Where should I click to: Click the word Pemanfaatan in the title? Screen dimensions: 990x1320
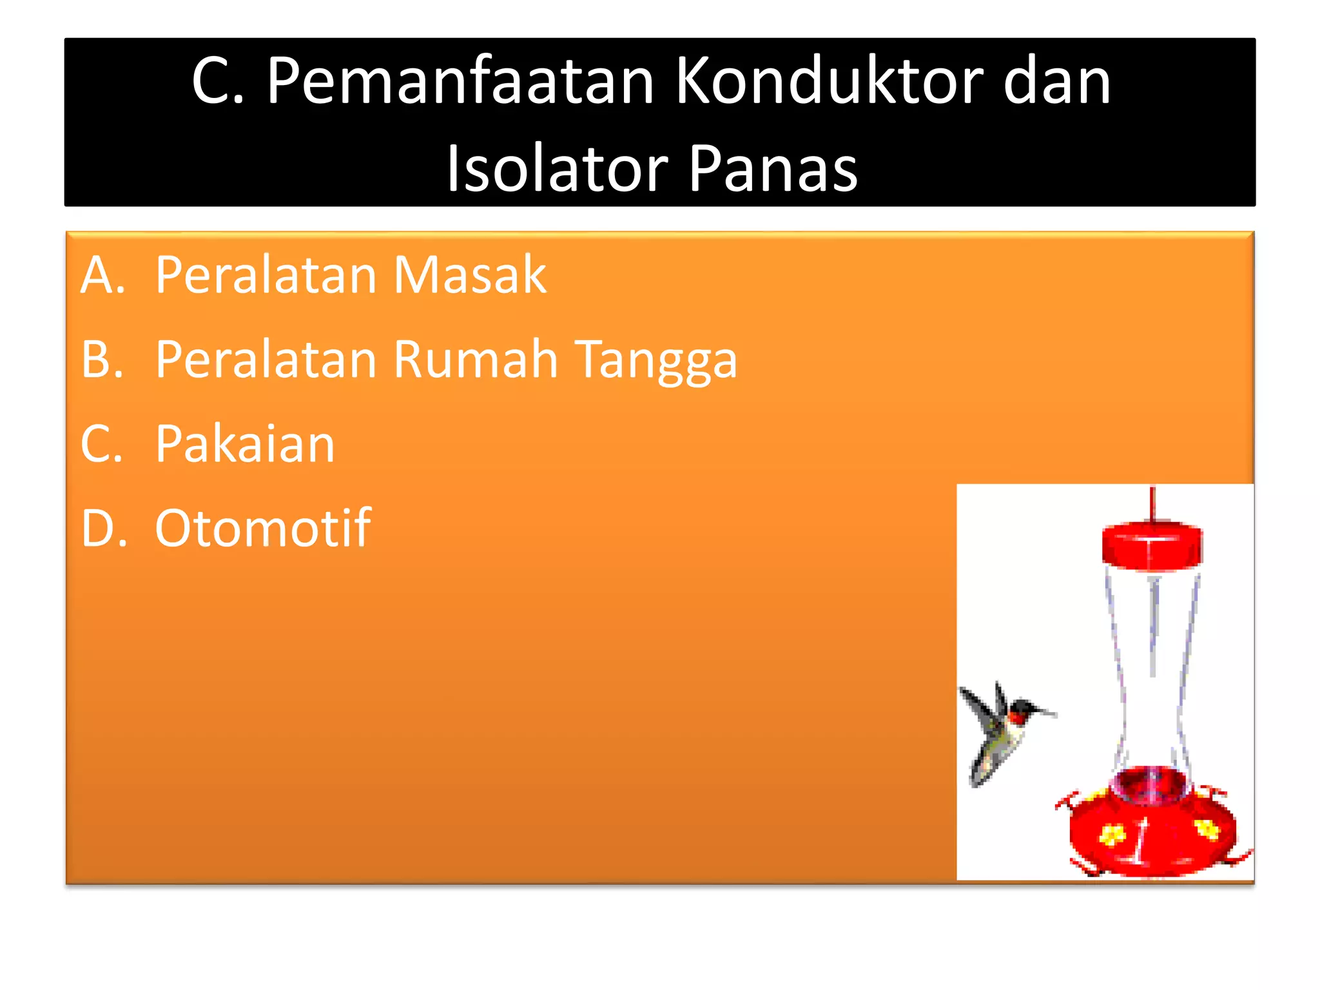460,82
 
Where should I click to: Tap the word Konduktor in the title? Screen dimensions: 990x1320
829,82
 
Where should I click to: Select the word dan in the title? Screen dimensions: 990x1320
1057,82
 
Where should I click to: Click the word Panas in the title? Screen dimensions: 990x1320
773,169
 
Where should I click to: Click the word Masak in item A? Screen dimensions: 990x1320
470,275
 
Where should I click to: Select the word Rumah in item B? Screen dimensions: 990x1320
476,359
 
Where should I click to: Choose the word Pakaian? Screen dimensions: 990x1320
245,444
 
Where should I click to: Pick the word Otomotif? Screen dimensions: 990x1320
262,529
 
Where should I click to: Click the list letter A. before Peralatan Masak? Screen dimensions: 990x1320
102,275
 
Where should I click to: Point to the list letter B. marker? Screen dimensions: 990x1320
102,359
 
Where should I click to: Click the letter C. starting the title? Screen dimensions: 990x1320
218,82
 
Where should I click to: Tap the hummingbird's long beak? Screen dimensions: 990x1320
1043,712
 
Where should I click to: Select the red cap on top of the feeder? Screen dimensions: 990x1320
1152,545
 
